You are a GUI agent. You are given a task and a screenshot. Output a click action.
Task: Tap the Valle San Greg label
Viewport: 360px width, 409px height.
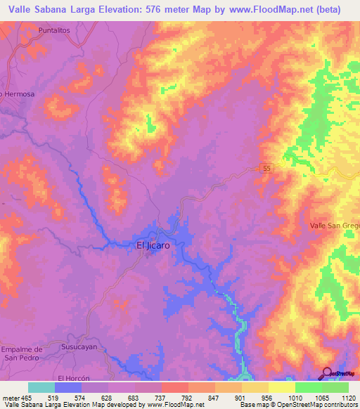point(335,226)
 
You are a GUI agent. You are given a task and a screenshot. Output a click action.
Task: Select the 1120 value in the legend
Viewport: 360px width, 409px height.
point(349,397)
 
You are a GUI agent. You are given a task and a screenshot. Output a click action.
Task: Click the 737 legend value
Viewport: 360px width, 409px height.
point(161,397)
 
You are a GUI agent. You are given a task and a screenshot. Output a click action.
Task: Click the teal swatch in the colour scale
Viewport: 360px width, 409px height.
point(41,387)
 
